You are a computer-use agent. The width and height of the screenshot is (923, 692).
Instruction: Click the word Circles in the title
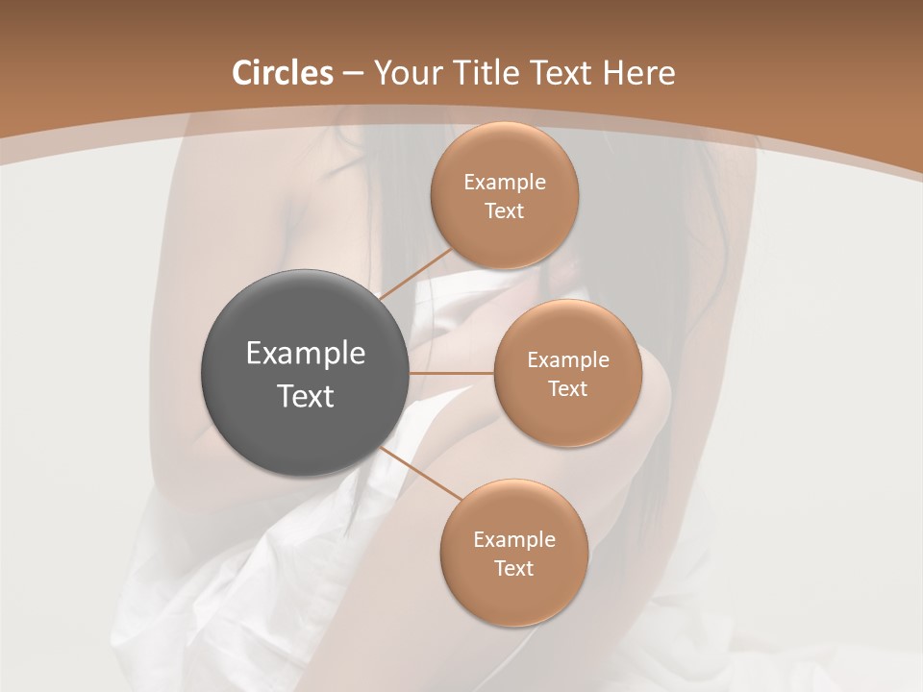coord(283,73)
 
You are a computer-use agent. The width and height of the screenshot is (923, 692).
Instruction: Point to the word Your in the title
coord(408,73)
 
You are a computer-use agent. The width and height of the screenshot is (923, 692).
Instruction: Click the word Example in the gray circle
coord(306,354)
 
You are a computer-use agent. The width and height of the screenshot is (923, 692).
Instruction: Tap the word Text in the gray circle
coord(306,396)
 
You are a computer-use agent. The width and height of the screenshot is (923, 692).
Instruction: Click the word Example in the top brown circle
coord(504,183)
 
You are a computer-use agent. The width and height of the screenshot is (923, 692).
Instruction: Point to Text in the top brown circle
coord(504,211)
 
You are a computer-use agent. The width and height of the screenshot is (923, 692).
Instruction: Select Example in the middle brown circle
coord(567,360)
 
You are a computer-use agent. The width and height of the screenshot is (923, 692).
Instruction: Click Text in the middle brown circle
coord(567,389)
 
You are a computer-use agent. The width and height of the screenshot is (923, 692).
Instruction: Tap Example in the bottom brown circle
coord(513,540)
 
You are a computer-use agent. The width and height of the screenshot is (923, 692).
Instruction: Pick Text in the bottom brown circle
coord(513,569)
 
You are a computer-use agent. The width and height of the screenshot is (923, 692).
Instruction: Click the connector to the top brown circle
coord(415,273)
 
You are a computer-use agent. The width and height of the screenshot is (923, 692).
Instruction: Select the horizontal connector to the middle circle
coord(452,373)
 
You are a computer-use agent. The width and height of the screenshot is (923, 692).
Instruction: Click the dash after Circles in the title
coord(353,73)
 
